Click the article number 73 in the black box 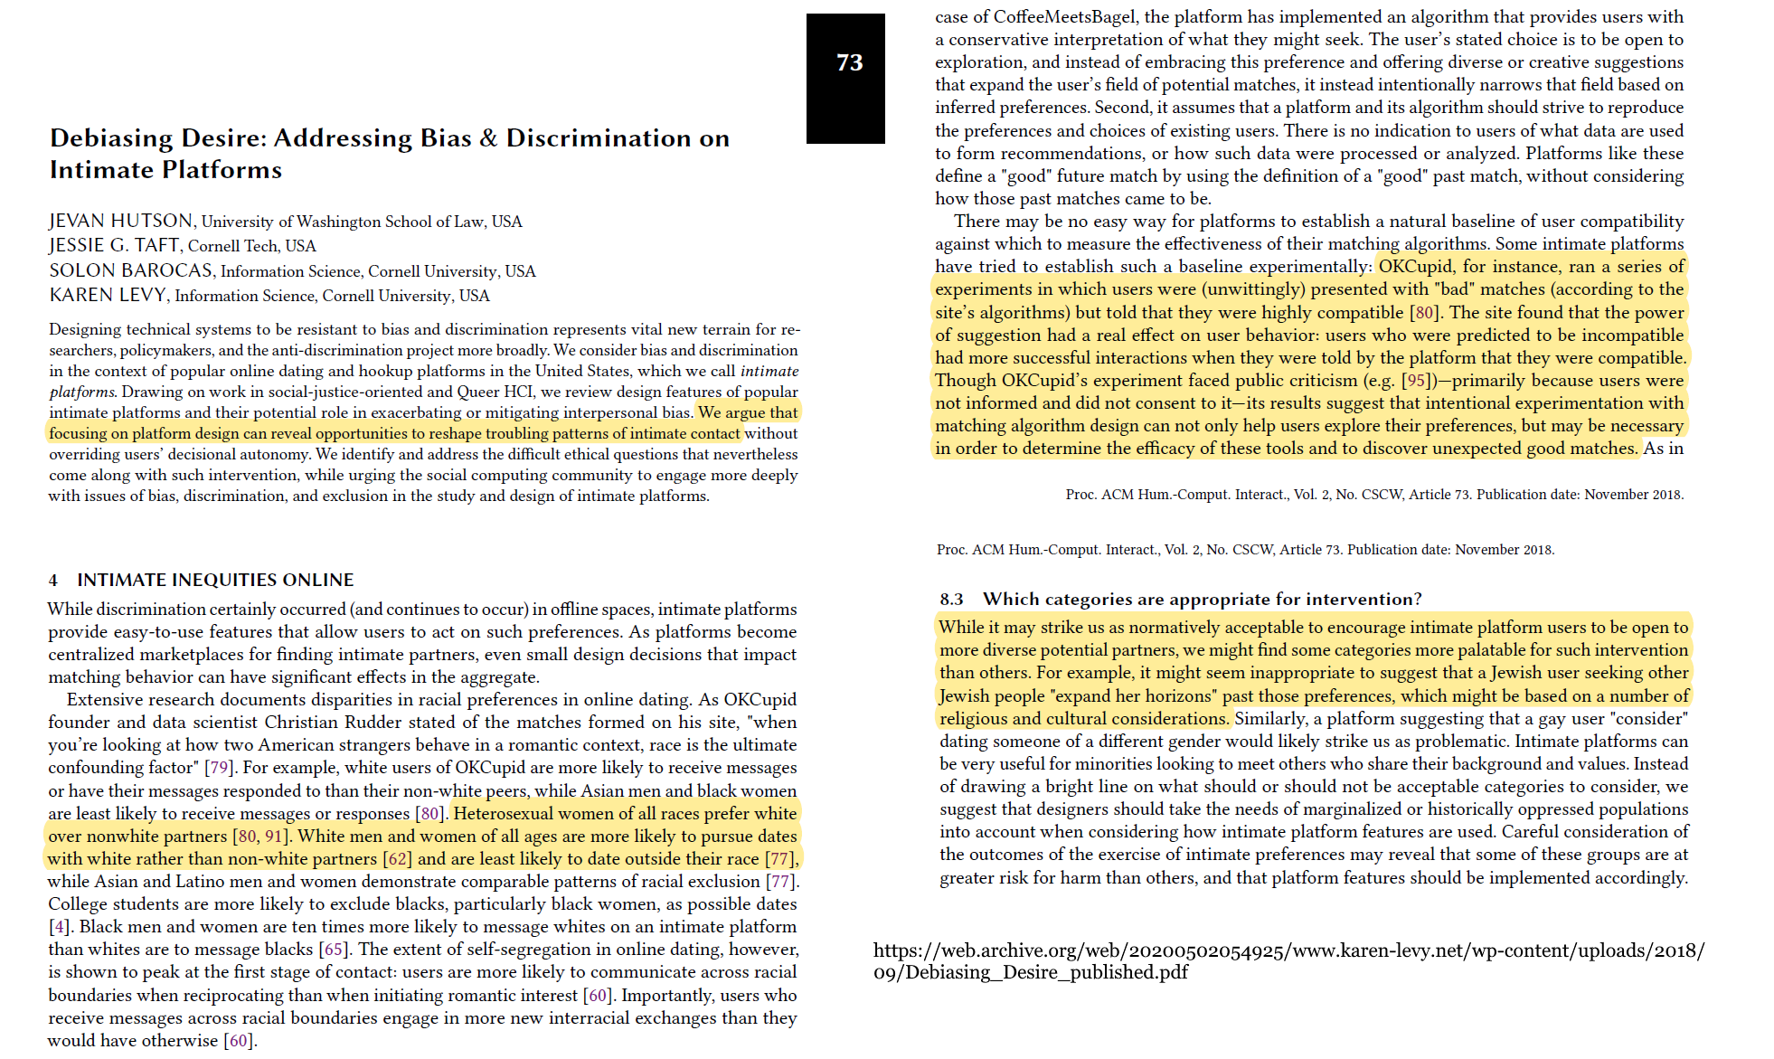[849, 62]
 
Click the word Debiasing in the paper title [111, 138]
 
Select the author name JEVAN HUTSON [121, 222]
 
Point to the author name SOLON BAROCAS [131, 271]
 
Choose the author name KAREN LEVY [108, 296]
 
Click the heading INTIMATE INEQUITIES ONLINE [215, 580]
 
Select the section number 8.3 [951, 600]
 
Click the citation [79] [219, 768]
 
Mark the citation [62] [398, 859]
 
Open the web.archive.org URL [1288, 961]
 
